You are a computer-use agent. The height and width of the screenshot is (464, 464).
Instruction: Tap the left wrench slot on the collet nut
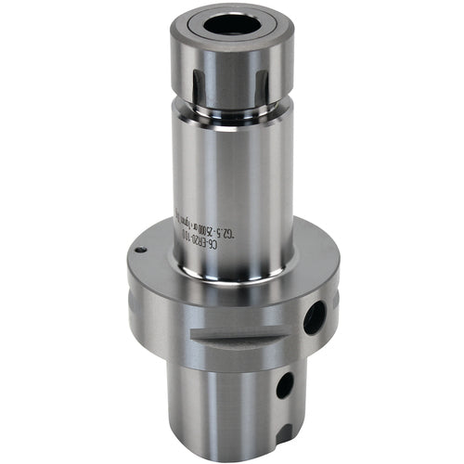click(195, 70)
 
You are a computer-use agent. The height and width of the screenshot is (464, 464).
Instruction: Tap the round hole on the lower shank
click(284, 384)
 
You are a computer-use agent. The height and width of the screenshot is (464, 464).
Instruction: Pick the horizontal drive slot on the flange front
click(237, 340)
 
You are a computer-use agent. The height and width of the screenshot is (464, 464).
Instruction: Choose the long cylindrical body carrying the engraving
click(232, 186)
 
